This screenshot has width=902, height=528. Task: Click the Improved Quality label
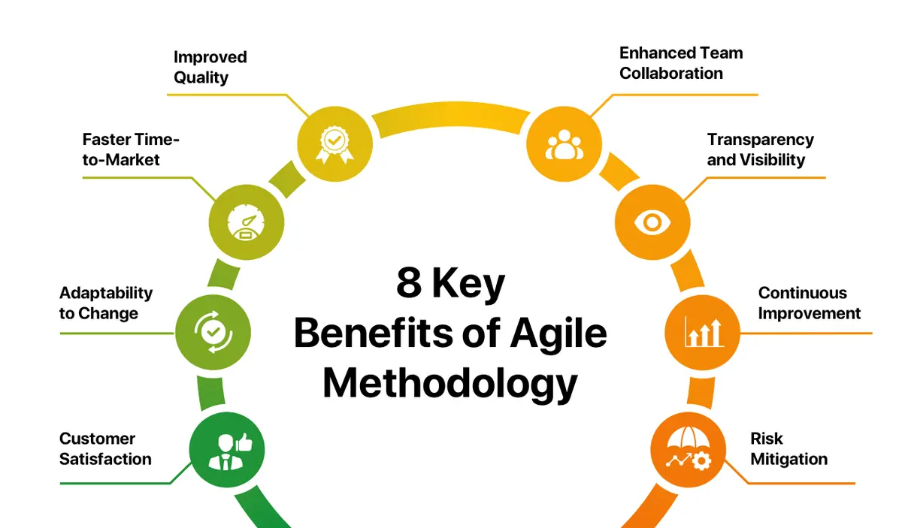[x=210, y=68]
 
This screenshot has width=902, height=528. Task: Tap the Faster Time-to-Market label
[x=131, y=149]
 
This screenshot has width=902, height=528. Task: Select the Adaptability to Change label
[x=106, y=303]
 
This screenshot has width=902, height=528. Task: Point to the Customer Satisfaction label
[x=105, y=448]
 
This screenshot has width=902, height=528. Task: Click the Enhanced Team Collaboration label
[x=681, y=63]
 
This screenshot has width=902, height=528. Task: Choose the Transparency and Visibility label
[x=760, y=149]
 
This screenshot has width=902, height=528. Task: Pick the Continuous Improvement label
[x=809, y=303]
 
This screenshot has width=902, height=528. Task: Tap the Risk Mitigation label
[x=788, y=448]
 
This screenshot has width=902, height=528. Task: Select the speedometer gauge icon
[x=247, y=222]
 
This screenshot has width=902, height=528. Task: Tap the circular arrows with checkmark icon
[x=213, y=330]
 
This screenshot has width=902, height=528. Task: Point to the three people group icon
[x=564, y=143]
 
